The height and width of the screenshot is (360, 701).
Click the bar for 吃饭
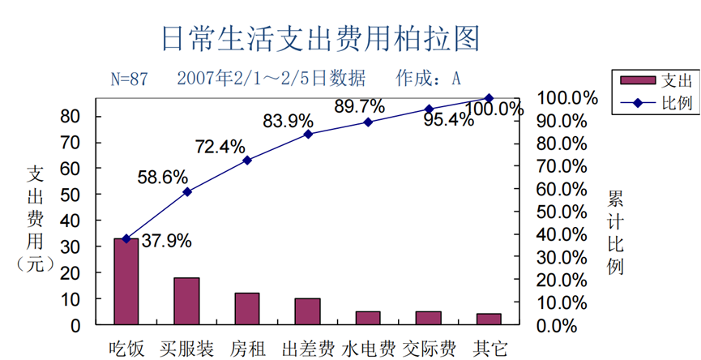pos(126,281)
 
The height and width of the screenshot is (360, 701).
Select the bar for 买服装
pos(186,301)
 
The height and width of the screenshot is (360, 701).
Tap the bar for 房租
pos(247,309)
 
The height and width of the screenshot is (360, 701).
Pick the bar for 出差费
pos(307,311)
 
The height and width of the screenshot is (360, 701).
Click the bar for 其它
pos(489,319)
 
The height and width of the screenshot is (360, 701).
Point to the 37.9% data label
pos(166,241)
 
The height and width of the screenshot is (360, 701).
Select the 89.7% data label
pos(359,106)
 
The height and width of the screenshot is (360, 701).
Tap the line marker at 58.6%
pos(187,192)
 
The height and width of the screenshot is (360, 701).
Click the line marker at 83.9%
pos(308,134)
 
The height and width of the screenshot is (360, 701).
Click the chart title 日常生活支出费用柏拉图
pos(321,38)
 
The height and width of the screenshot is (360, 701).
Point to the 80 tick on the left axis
pos(71,117)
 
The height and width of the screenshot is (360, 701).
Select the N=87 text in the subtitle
pos(130,79)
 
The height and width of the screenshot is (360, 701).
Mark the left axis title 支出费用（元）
pos(35,219)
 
